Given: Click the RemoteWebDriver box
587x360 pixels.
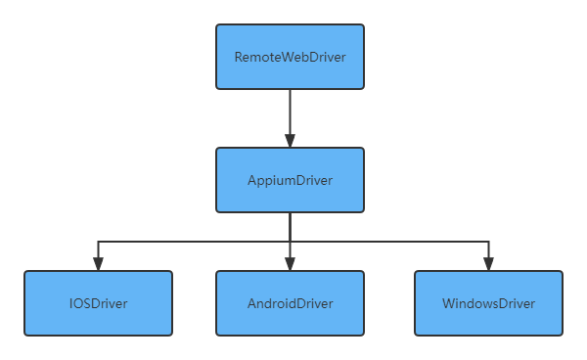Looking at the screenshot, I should [290, 57].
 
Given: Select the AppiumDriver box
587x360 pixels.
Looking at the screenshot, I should [290, 180].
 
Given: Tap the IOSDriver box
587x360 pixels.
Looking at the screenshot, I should [98, 303].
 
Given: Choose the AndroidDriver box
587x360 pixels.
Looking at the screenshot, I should [290, 303].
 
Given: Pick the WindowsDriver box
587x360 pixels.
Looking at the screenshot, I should [488, 303].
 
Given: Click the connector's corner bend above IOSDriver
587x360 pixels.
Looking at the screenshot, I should [98, 241].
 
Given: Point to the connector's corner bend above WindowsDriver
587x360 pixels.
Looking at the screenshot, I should [488, 241].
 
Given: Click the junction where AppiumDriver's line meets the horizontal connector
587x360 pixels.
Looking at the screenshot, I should [290, 241].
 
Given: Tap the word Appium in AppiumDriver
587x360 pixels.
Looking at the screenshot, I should [270, 181].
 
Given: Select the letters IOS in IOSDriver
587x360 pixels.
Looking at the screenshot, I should [78, 303].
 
